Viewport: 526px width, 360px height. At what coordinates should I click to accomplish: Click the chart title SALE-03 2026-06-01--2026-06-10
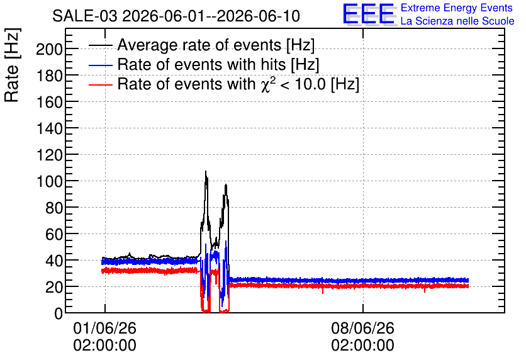(x=176, y=16)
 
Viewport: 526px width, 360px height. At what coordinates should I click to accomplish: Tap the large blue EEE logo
(x=369, y=14)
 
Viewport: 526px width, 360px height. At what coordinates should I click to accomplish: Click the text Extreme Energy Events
(x=457, y=8)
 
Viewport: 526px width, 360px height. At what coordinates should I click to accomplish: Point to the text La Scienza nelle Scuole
(x=457, y=21)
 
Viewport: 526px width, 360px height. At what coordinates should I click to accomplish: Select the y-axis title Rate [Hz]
(x=12, y=65)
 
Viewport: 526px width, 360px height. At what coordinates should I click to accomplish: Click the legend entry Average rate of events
(x=216, y=45)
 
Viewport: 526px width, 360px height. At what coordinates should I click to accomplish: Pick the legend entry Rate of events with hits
(x=218, y=64)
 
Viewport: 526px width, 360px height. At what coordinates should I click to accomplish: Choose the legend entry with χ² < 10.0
(x=238, y=84)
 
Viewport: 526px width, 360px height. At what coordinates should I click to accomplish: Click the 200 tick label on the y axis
(x=49, y=50)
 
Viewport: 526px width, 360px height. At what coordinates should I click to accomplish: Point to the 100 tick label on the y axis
(x=49, y=181)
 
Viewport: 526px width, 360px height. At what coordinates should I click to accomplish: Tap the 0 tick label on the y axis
(x=59, y=313)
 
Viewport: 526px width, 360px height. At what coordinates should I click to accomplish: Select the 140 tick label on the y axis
(x=49, y=129)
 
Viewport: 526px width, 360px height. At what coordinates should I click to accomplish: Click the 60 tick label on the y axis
(x=53, y=234)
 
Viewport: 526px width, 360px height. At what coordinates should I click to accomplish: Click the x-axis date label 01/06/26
(x=104, y=328)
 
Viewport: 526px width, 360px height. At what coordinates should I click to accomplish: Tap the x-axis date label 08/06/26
(x=362, y=328)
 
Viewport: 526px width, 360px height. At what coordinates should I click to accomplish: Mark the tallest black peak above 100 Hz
(x=206, y=171)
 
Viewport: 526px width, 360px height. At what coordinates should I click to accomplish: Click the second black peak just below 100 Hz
(x=226, y=184)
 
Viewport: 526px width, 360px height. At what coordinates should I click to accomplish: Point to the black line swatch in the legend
(x=100, y=45)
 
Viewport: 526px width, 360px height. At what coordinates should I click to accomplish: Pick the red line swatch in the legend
(x=100, y=84)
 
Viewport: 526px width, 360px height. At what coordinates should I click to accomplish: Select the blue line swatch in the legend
(x=100, y=65)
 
